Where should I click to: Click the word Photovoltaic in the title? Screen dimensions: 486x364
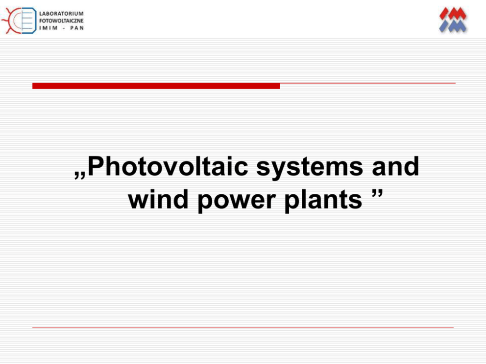(168, 166)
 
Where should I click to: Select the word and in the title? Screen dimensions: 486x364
(395, 166)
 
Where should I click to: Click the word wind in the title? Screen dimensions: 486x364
(158, 199)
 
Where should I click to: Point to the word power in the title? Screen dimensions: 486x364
(236, 201)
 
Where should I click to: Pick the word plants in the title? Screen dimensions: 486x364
(323, 200)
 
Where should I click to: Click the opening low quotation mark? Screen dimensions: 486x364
(80, 175)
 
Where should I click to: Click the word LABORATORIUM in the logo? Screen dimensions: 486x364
(61, 14)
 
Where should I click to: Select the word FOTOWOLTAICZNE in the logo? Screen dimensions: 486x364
(61, 21)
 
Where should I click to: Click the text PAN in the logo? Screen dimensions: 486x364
(77, 28)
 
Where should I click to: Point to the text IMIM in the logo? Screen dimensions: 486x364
(49, 28)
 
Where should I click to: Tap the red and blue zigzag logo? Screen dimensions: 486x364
(453, 20)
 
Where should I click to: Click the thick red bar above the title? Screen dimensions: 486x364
(156, 86)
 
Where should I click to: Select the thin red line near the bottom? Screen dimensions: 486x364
(243, 327)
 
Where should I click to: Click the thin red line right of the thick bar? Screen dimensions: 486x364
(368, 83)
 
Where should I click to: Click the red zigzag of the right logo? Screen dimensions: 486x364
(453, 14)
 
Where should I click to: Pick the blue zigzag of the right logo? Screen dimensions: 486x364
(453, 26)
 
